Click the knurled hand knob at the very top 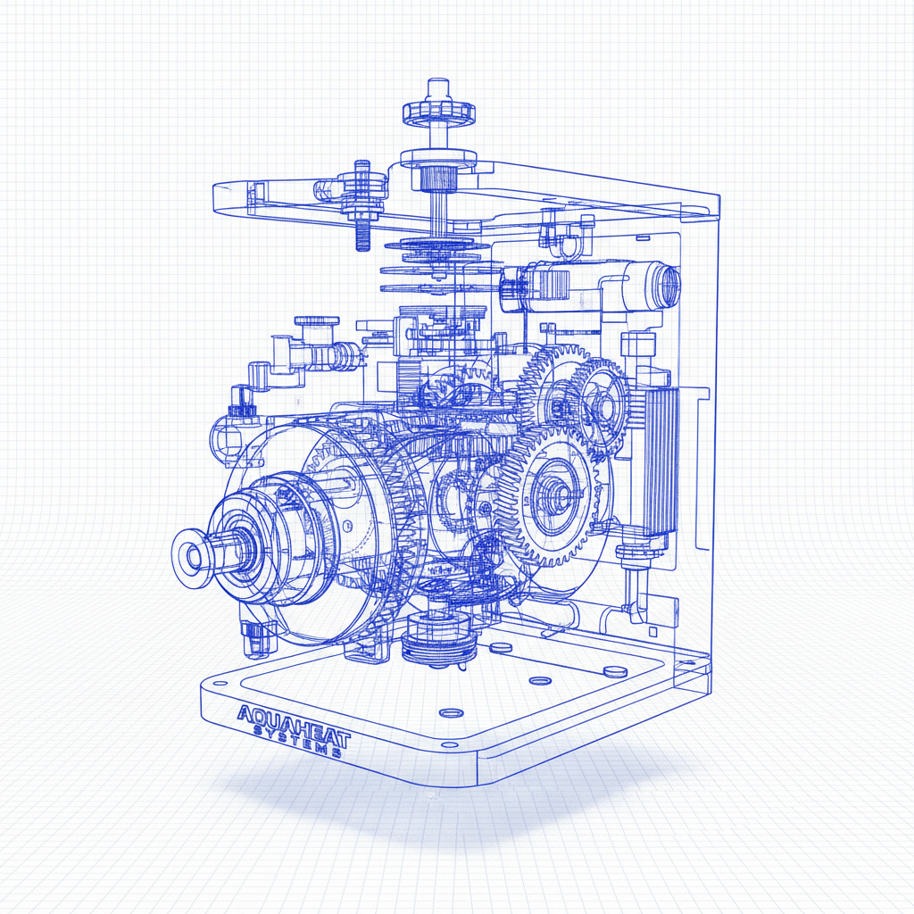tap(438, 112)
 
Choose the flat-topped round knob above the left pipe tap(316, 321)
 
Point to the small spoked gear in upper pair tap(599, 402)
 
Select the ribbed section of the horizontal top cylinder tap(553, 285)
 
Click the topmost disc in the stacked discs tap(436, 245)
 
